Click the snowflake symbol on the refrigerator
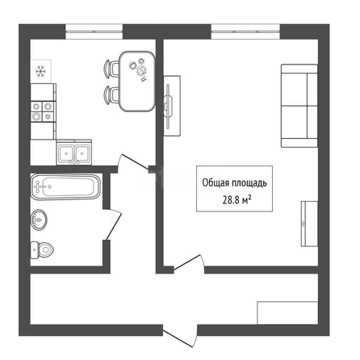40,72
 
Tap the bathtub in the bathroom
65,186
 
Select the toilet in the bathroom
42,250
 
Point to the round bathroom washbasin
39,220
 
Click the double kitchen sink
74,152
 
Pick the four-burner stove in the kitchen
43,111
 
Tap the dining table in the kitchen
137,82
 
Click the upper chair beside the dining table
111,69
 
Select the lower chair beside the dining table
111,94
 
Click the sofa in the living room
299,106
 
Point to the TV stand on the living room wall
172,106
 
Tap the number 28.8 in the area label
231,200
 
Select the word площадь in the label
249,183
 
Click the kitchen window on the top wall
94,31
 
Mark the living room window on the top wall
245,31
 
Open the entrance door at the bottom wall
180,336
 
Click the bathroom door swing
113,224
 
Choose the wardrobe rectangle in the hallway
287,313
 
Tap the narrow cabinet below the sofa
309,224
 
